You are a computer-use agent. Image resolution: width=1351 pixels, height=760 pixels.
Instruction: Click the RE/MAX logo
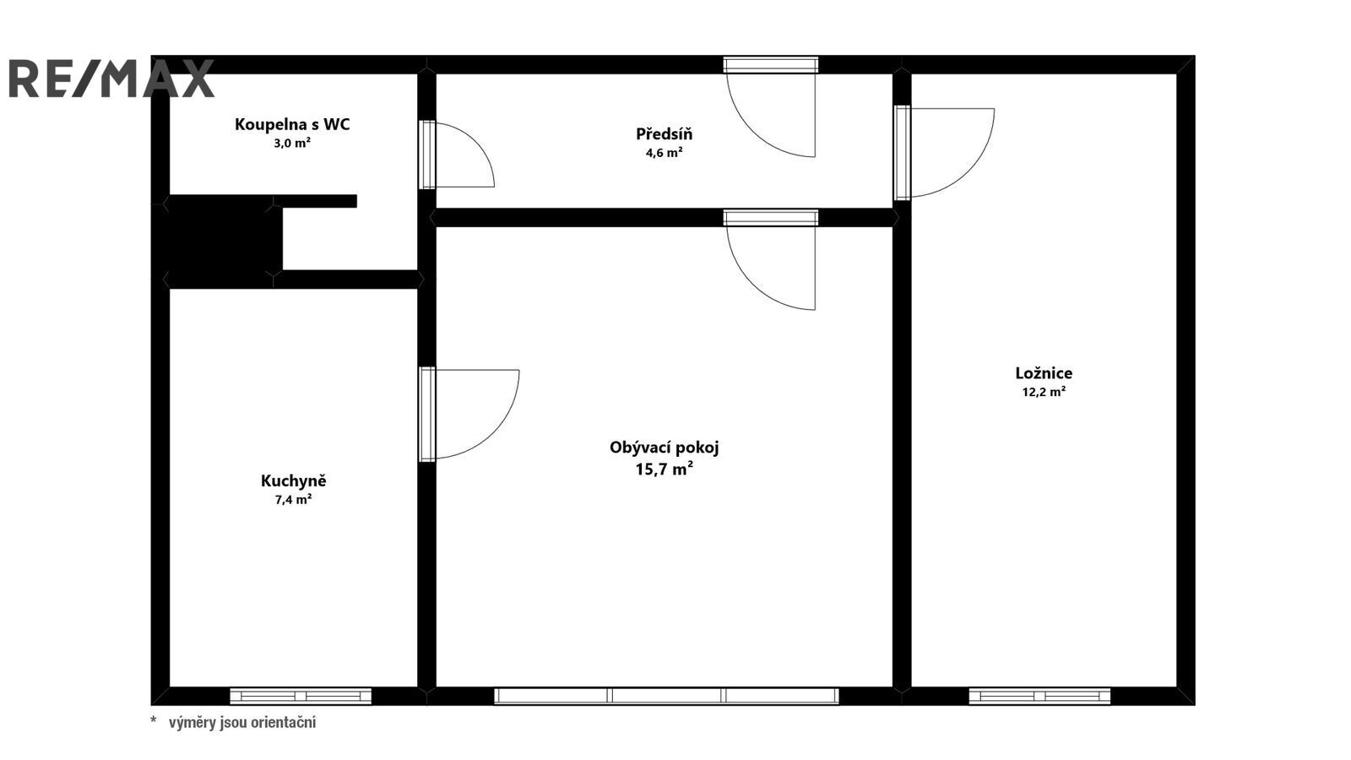coord(111,79)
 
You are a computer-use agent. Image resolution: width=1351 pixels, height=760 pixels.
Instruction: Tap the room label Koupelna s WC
coord(292,124)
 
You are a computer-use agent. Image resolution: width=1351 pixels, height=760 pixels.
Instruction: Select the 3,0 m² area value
coord(292,143)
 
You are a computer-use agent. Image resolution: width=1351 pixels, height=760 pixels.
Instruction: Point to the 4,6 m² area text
coord(664,153)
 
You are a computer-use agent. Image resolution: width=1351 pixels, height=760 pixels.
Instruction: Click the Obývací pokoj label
coord(664,448)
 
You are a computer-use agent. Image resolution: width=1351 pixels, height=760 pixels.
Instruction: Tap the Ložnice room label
coord(1044,372)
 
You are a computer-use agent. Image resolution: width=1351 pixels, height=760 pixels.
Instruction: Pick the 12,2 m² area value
coord(1044,392)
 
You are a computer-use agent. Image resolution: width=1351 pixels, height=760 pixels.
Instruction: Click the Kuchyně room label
coord(293,480)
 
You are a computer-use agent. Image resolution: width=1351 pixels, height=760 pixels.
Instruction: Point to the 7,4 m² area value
coord(293,499)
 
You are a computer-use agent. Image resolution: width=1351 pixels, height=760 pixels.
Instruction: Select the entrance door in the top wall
coord(771,64)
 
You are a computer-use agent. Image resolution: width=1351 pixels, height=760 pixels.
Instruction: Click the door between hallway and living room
coord(771,218)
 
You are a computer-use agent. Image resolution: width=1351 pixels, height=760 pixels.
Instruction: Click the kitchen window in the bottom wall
coord(301,696)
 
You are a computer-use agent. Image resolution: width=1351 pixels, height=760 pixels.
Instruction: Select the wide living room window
coord(666,696)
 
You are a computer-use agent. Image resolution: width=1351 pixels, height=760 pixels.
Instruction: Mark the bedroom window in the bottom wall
coord(1039,696)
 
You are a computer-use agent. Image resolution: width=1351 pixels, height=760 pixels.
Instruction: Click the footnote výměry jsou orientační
coord(241,722)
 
